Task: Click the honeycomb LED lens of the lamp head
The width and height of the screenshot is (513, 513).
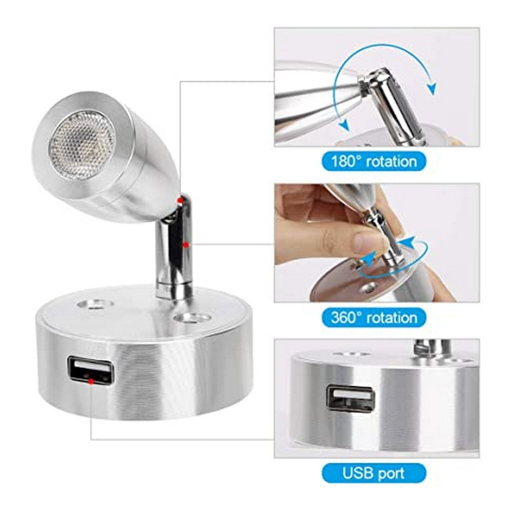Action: coord(82,145)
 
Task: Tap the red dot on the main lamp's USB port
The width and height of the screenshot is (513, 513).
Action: coord(90,381)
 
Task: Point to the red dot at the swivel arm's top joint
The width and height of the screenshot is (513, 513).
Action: coord(179,199)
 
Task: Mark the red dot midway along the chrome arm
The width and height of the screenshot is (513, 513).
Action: coord(185,245)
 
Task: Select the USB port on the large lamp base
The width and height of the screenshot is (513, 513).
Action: coord(90,371)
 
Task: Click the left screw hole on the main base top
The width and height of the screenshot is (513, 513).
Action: coord(95,304)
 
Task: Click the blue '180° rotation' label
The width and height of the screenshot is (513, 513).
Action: coord(373,162)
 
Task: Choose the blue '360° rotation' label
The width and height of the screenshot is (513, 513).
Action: coord(373,318)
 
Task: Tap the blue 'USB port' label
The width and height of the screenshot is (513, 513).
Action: coord(373,472)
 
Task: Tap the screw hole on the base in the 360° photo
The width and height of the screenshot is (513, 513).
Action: coord(367,288)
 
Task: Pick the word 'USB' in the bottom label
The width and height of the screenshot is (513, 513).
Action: coord(357,472)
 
